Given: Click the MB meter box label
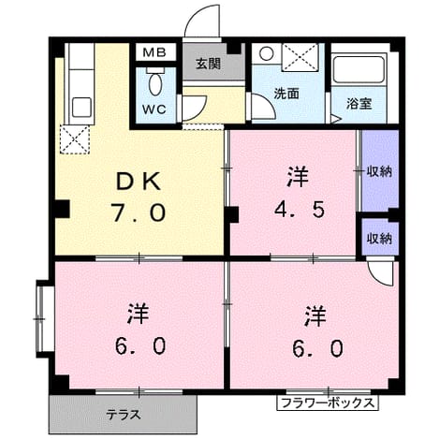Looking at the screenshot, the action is pos(154,52).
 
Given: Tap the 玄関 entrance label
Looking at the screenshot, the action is pos(208,64).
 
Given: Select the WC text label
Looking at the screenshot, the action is pos(154,110).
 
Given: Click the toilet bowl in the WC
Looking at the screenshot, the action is pos(155,83).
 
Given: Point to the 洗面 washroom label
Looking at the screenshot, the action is pos(286,94).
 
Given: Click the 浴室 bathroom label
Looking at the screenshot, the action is pos(359,103).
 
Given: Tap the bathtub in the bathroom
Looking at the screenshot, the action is pos(359,69).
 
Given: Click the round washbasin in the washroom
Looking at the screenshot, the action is pos(266,53).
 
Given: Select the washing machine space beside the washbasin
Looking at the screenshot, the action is pos(300,56).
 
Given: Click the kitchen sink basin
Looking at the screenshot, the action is pos(82,107).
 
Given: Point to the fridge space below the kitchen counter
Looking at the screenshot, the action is pos(75,139).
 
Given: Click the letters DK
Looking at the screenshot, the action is pos(139,182).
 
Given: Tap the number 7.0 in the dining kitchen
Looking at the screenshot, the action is pos(139,212).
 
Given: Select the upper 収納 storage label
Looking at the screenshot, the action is pos(379,171).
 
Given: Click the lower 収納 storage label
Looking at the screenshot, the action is pos(379,239).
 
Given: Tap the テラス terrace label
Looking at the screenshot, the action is pos(124,415).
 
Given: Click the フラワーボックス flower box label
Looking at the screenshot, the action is pos(328,402).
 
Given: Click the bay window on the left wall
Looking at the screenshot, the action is pos(40,319).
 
